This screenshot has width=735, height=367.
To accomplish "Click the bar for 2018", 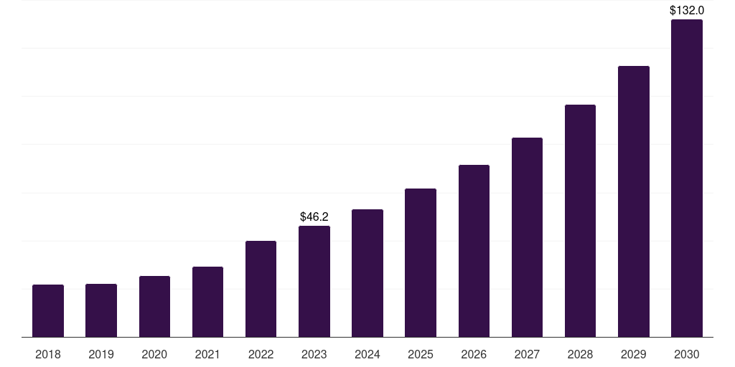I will pos(48,310).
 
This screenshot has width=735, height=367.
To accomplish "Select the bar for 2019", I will pos(101,310).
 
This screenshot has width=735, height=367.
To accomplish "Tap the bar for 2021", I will pos(207,302).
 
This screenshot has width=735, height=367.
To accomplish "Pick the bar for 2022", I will pos(261,289).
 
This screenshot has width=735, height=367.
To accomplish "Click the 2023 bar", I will pos(314,281).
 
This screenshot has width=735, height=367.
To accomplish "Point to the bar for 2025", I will pos(421,262).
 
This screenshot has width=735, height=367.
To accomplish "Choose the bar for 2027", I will pos(527,237).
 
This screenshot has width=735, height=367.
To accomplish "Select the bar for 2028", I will pos(580,221).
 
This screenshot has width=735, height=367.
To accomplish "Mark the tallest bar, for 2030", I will pos(687,178).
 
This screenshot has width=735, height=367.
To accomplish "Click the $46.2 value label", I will pos(314,216).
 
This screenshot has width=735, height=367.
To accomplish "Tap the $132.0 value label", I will pos(687,10).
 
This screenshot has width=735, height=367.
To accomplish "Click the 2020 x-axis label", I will pos(154,354).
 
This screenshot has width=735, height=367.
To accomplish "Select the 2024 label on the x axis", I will pos(367,354).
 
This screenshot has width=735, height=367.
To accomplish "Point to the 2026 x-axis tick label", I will pos(474,354).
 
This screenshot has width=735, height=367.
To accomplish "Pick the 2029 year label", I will pos(634,354).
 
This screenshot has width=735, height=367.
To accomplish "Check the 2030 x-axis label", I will pos(687,354).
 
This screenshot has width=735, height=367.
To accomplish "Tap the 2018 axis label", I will pos(48,354).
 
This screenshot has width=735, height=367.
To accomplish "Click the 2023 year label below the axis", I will pos(314,354).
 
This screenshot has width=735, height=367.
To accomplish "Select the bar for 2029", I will pos(634,201).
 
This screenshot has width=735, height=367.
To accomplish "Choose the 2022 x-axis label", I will pos(261,354).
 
